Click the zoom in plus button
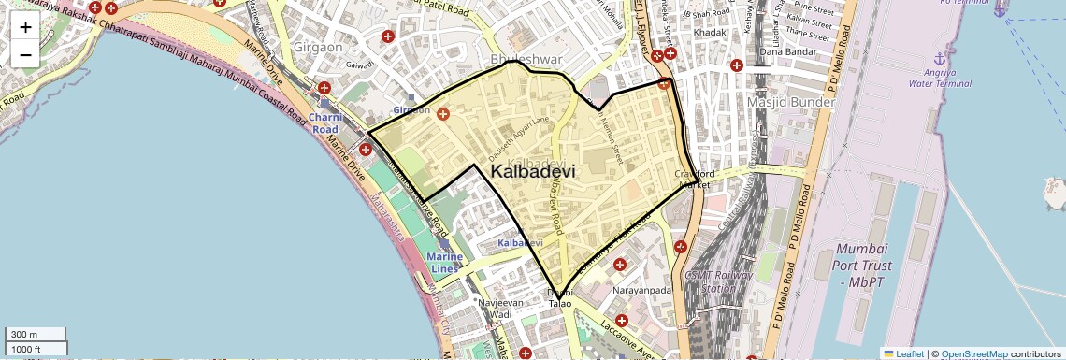coord(25,26)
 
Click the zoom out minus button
coord(25,54)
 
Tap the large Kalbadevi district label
coord(533,172)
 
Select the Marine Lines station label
coord(443,263)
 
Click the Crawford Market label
coord(696,180)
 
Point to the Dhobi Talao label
coord(559,298)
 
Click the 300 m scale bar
coord(36,335)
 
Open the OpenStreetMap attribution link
coord(974,353)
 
